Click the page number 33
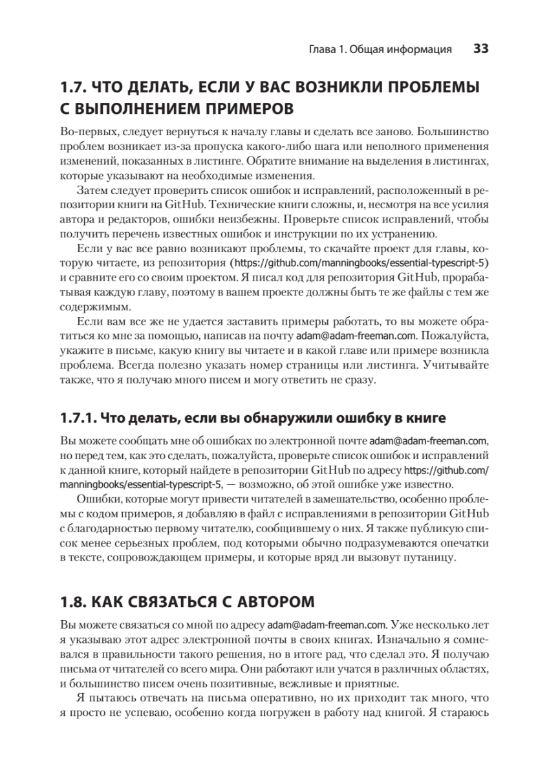pyautogui.click(x=480, y=48)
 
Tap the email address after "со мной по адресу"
pyautogui.click(x=327, y=626)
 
